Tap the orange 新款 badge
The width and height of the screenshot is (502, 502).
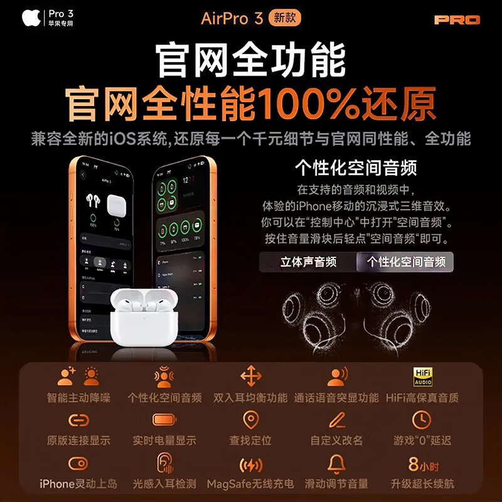pos(284,18)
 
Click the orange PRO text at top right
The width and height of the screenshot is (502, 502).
pos(457,19)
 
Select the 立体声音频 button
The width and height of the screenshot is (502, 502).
pos(308,262)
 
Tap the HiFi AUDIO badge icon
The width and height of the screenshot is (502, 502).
pos(422,376)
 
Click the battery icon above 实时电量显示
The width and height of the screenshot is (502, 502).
pos(164,419)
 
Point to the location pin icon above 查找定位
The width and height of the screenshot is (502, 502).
pos(251,419)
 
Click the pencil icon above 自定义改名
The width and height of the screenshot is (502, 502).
pos(337,419)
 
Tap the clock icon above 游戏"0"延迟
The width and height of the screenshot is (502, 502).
pos(422,419)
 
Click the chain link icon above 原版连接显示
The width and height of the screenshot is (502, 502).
pos(78,419)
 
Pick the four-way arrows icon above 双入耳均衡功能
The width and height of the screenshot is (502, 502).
pos(251,376)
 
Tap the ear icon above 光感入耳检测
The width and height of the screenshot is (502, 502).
pos(164,464)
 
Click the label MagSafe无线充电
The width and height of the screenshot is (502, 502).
pos(251,484)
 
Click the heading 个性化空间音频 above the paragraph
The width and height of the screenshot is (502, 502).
pos(356,168)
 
